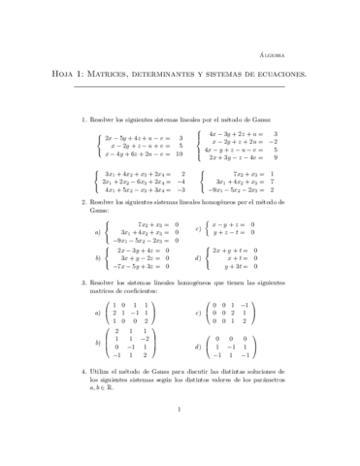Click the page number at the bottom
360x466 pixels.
pos(180,436)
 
